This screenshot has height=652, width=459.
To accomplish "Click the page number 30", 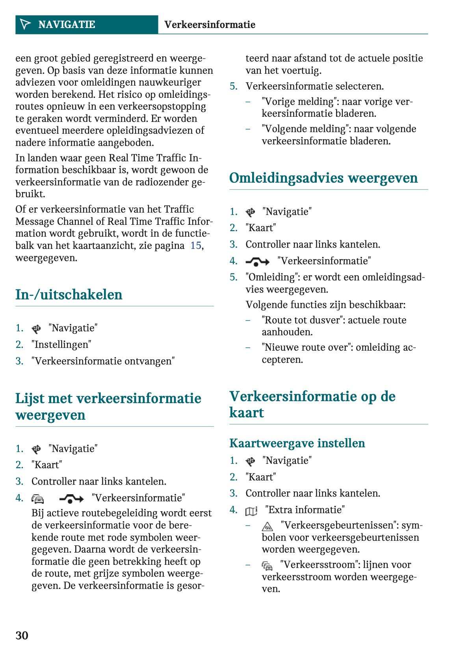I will (22, 635).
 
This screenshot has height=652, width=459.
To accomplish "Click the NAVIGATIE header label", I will (67, 24).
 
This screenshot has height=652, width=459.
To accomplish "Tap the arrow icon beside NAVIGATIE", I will (25, 24).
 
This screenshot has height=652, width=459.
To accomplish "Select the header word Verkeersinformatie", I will (210, 24).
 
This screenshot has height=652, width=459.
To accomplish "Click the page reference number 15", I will (195, 246).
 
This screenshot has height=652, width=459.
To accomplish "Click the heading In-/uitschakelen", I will (69, 295).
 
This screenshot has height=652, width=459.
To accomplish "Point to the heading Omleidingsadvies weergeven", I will (323, 178).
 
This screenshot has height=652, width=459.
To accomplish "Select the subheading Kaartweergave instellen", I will (297, 443).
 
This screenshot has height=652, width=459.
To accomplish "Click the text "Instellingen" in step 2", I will (61, 344).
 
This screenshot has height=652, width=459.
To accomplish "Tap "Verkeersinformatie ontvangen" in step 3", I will (103, 361).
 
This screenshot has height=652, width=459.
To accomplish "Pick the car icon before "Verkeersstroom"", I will (267, 566).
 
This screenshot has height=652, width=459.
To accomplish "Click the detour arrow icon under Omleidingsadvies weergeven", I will (257, 262).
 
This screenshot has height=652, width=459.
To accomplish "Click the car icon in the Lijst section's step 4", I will (38, 499).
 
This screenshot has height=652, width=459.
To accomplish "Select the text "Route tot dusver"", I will (301, 320).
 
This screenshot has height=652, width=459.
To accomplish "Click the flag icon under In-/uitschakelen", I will (36, 329).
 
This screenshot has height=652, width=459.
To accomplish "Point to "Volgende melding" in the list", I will (306, 129).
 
